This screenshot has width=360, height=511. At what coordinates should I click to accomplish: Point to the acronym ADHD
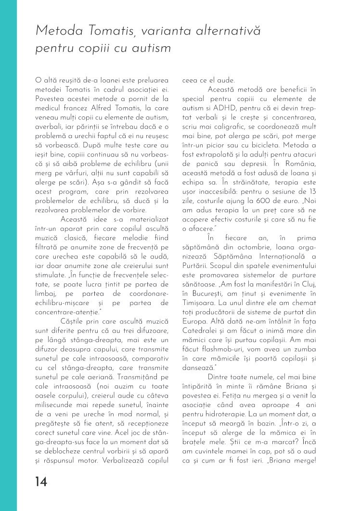pyautogui.click(x=218, y=110)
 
